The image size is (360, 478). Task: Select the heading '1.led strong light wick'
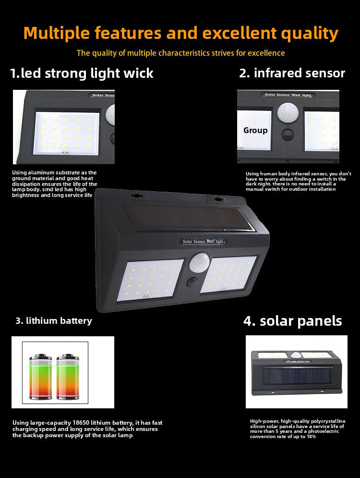[82, 74]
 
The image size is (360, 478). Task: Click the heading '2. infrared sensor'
[292, 73]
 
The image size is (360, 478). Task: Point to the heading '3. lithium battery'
[54, 320]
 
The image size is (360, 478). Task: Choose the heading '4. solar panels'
[293, 321]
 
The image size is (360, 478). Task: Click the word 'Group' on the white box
[255, 130]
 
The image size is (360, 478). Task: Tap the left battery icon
[40, 377]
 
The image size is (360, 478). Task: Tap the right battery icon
[67, 377]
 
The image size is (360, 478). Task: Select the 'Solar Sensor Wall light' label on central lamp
[203, 242]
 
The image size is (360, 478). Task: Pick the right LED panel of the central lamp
[228, 274]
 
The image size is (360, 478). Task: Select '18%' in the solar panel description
[311, 436]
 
